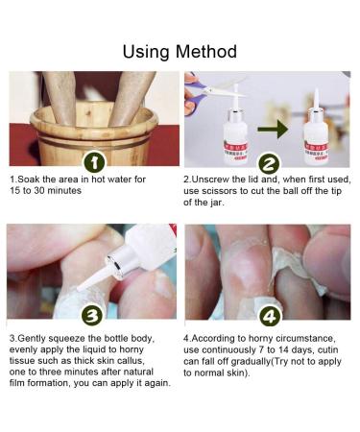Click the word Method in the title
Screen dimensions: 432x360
click(205, 50)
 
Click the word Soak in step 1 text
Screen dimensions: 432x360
click(33, 180)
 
